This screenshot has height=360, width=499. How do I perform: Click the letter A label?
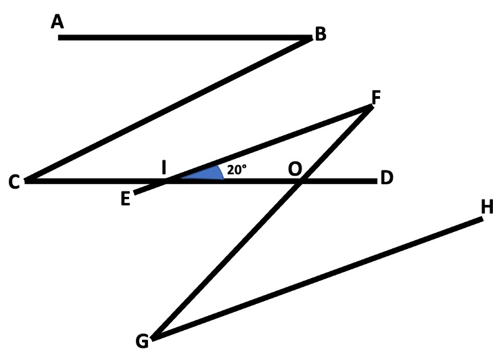tap(57, 22)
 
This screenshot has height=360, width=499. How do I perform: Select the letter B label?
tap(320, 35)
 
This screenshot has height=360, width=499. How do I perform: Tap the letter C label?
tap(14, 183)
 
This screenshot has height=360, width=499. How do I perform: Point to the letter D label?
tap(387, 179)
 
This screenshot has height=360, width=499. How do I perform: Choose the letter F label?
tap(376, 97)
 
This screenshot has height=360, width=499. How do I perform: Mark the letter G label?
tap(142, 342)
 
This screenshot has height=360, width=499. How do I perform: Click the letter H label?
tap(487, 207)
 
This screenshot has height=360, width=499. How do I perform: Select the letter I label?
tap(164, 167)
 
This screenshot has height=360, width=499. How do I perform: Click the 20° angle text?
tap(236, 171)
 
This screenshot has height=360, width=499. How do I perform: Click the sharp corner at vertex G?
tap(153, 337)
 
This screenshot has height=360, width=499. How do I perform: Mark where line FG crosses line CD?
tap(300, 181)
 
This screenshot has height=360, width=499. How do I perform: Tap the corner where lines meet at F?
tap(369, 108)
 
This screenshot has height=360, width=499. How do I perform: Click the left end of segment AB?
tap(60, 37)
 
